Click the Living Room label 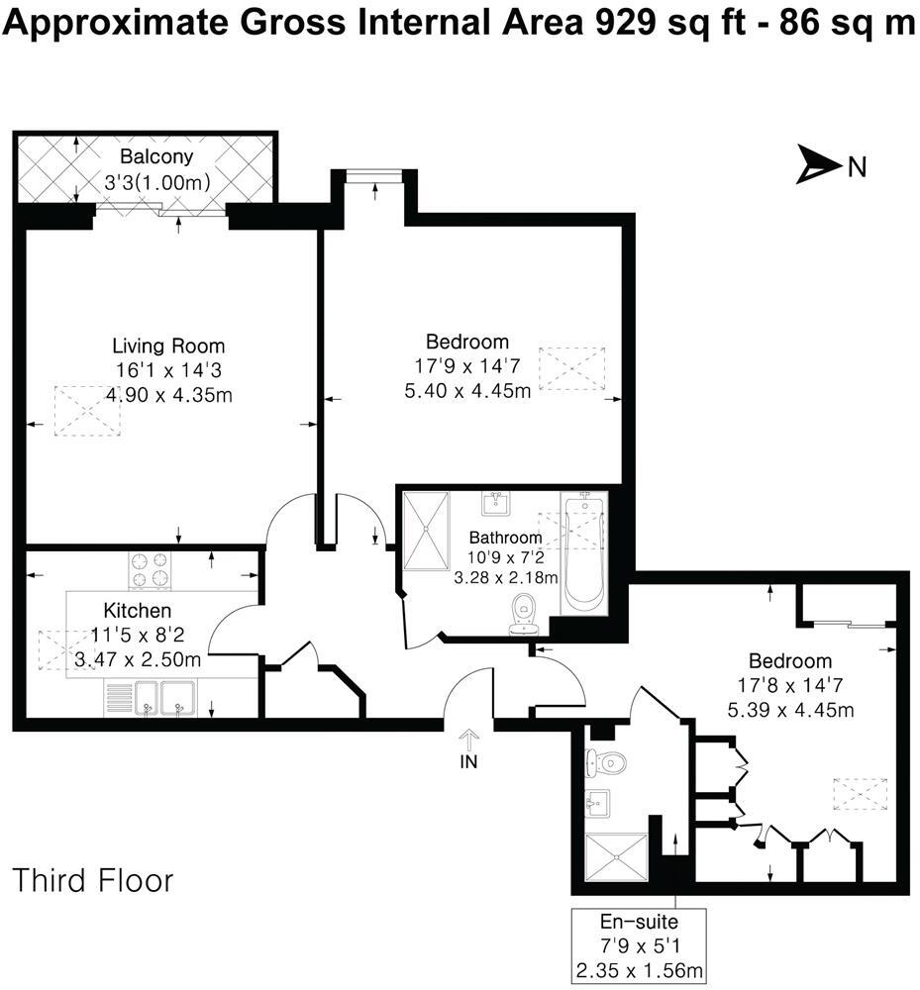point(167,346)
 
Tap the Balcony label point(156,157)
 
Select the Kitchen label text point(138,610)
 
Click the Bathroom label point(505,538)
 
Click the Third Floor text point(93,879)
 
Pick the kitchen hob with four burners point(150,570)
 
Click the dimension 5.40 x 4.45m point(467,390)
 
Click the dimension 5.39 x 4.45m point(789,710)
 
